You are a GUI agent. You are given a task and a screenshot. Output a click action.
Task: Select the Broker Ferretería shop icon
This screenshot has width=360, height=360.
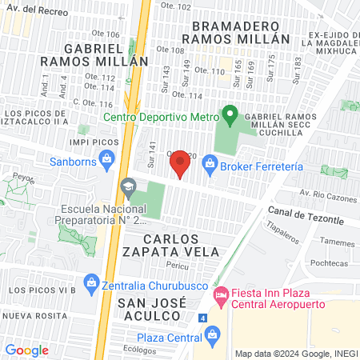click(x=210, y=165)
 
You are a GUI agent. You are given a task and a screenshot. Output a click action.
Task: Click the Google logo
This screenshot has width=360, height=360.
click(x=26, y=350)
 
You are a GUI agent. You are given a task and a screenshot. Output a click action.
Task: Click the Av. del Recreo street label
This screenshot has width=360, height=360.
click(x=34, y=9)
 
